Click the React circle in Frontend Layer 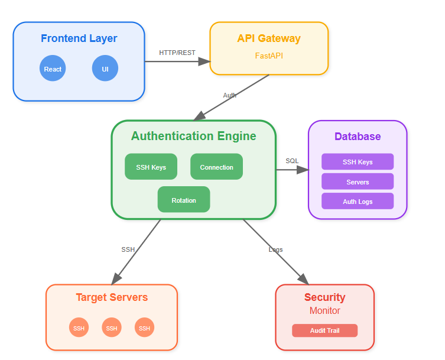[53, 68]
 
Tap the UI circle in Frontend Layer [105, 68]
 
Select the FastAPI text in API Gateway [269, 56]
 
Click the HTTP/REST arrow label [177, 53]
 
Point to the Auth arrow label [230, 95]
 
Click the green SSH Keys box [151, 167]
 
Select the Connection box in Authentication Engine [216, 167]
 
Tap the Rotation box [184, 199]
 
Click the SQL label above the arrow [292, 161]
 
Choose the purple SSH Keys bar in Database [358, 161]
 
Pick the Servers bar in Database [358, 181]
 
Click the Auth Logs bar [358, 201]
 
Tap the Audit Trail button [324, 330]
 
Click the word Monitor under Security [324, 310]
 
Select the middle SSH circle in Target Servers [112, 327]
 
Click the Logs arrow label [275, 249]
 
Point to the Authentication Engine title [194, 136]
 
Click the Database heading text [358, 137]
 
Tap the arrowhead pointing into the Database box [303, 170]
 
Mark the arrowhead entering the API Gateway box [204, 61]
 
